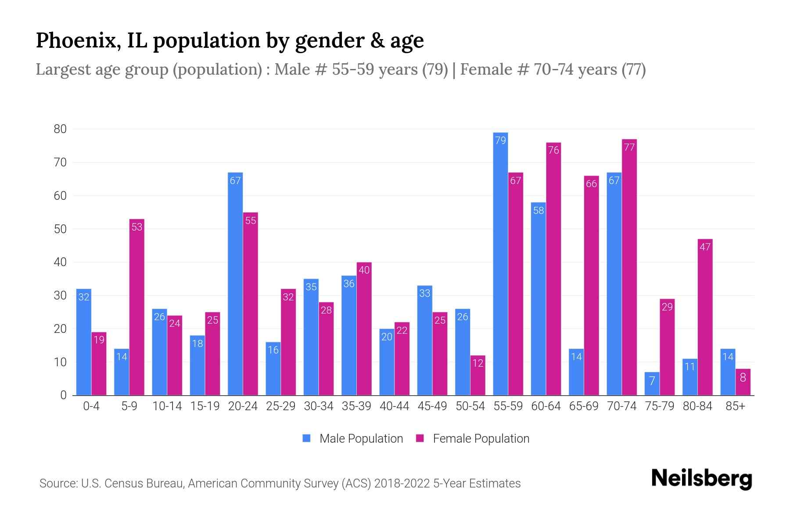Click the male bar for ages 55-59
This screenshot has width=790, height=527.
coord(500,263)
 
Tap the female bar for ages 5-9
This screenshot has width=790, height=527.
coord(136,307)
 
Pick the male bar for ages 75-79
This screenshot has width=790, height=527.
coord(652,384)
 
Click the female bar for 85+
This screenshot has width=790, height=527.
coord(743,382)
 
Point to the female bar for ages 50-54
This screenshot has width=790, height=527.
coord(478,375)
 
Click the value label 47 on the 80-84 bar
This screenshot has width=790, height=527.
coord(705,247)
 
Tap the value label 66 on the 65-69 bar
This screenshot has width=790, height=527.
coord(591,184)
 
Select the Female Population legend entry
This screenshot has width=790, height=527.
coord(473,439)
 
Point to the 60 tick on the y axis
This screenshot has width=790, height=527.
coord(60,196)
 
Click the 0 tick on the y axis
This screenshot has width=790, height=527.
coord(64,395)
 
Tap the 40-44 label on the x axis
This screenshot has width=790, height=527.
coord(394,406)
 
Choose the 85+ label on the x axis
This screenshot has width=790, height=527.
coord(735,406)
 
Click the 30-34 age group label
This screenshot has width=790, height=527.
coord(319,406)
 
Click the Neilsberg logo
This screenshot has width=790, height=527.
coord(701,479)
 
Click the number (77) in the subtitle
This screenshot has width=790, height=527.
coord(633,69)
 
